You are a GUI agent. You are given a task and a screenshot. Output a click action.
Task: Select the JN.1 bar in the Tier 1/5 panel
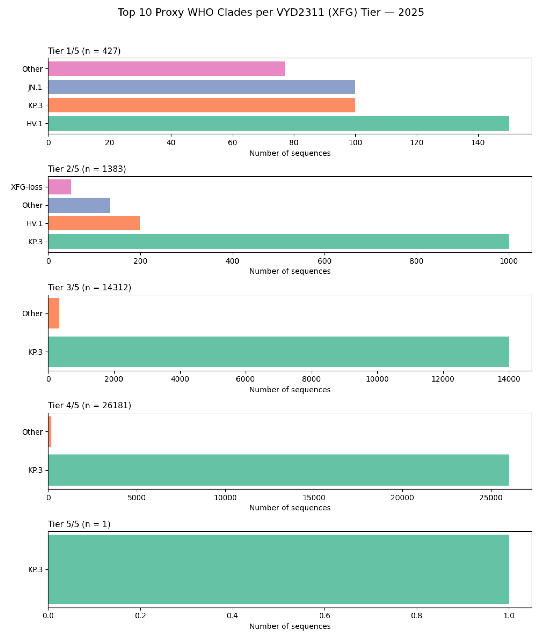click(x=202, y=87)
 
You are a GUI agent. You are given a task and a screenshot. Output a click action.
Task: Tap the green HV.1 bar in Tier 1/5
click(x=278, y=123)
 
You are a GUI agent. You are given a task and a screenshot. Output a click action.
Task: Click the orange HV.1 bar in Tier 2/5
click(x=94, y=223)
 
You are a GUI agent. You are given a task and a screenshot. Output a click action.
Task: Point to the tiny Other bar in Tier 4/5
click(x=50, y=432)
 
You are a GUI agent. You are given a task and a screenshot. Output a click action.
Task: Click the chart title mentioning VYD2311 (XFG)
click(x=270, y=13)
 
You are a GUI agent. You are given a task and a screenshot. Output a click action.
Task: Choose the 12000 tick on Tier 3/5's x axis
click(x=443, y=379)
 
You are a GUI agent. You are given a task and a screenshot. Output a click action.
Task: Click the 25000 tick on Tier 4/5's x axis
click(x=491, y=498)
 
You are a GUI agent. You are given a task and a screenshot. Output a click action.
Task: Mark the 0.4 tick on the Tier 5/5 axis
click(x=233, y=616)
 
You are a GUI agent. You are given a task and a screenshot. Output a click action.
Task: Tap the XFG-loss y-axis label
click(x=27, y=187)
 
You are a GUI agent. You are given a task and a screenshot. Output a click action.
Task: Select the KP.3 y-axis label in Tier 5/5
click(x=35, y=569)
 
